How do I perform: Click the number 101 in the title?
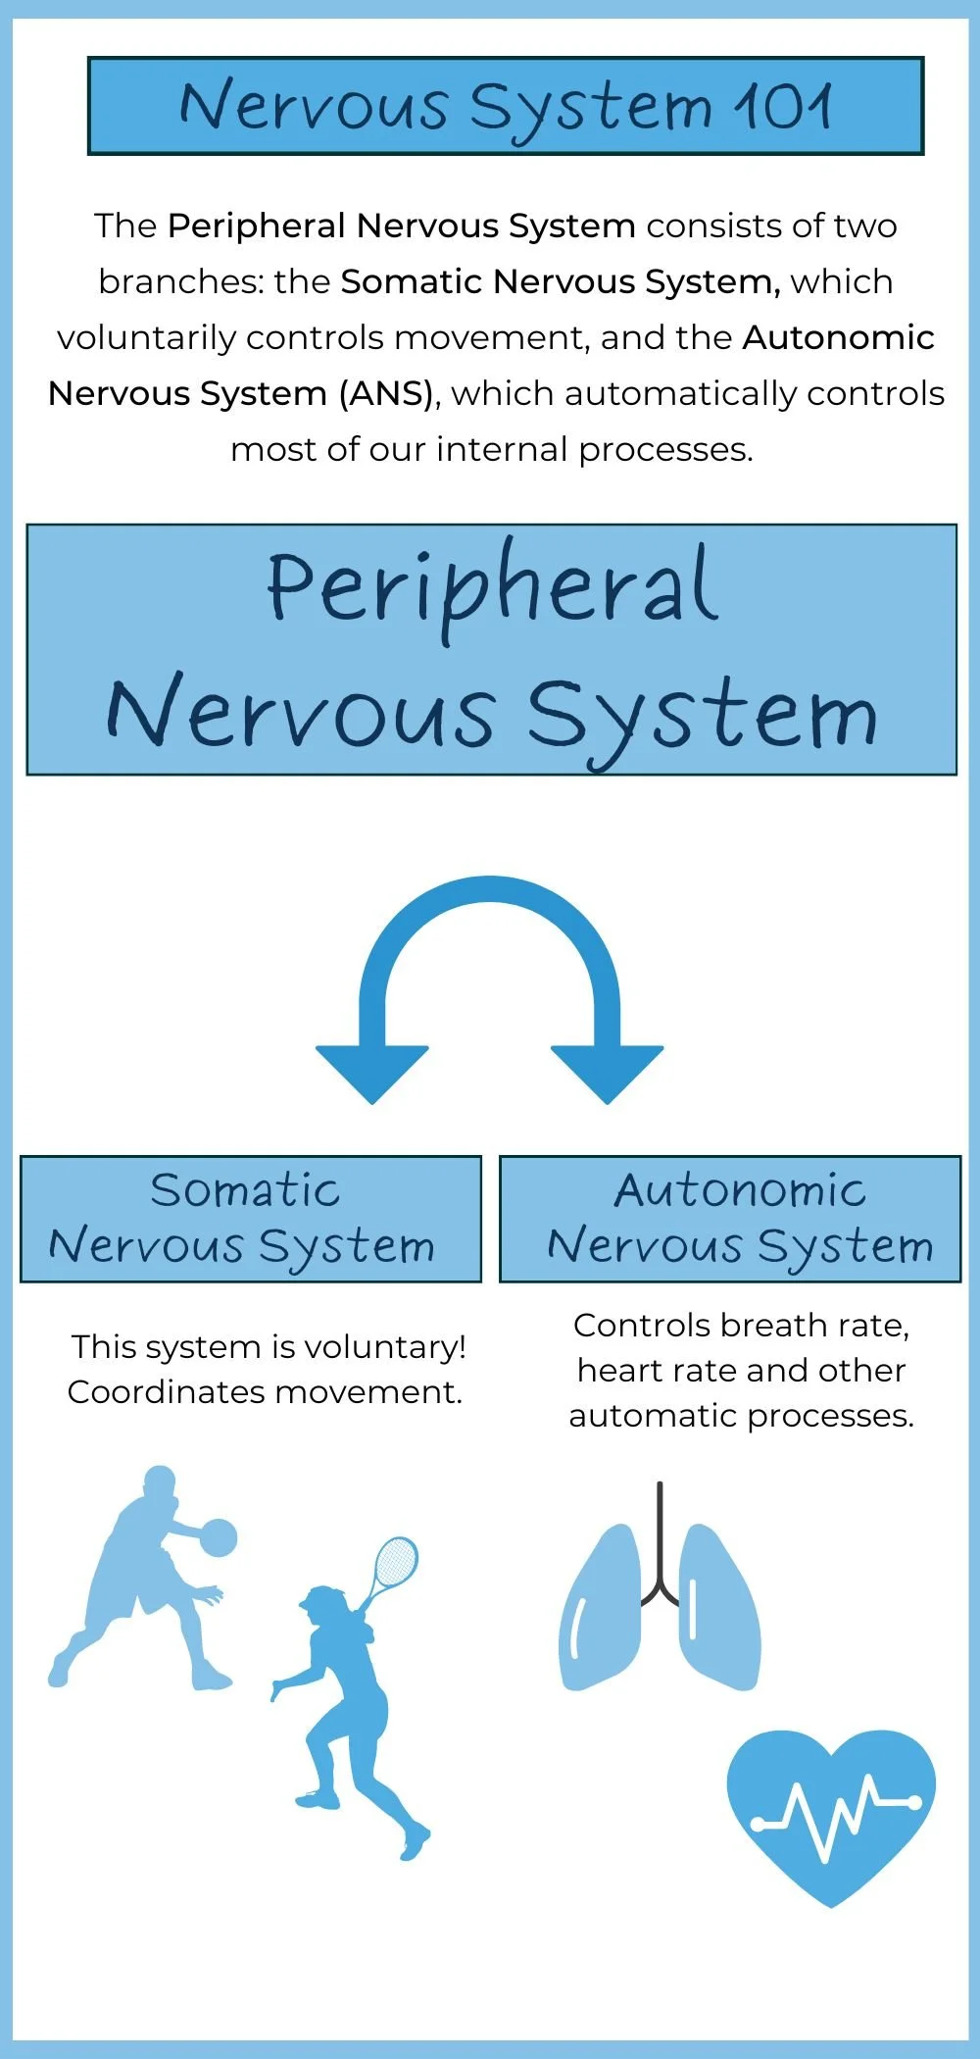(x=784, y=106)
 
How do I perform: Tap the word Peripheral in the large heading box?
(x=493, y=588)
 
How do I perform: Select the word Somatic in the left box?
(x=245, y=1190)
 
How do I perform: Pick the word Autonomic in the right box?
(x=740, y=1190)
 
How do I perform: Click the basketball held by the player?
(x=218, y=1537)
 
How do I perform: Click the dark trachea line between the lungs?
(x=660, y=1539)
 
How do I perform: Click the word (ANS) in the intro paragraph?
(x=386, y=393)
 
